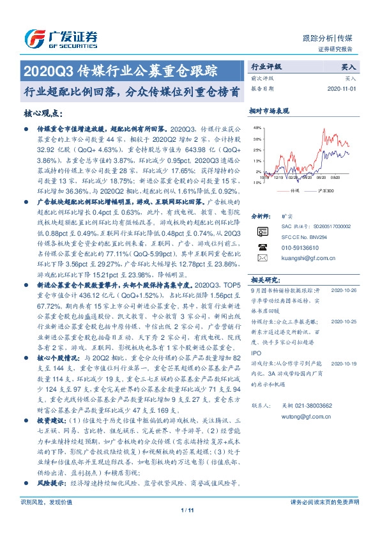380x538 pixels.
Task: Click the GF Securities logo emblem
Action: tap(33, 38)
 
